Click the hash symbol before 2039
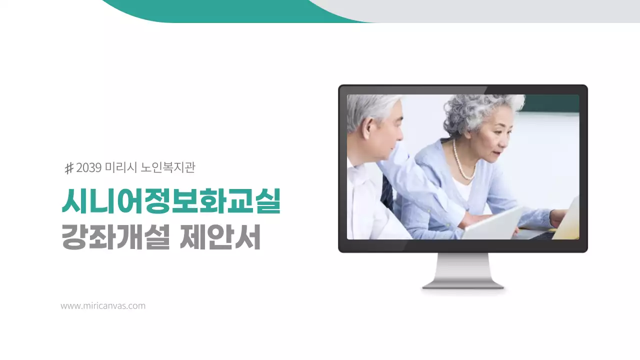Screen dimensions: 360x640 point(69,168)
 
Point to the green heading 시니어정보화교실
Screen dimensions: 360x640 point(170,201)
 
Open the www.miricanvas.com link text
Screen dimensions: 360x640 point(103,305)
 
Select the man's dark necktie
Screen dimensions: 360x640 point(386,192)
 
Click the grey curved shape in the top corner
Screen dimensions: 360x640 point(500,10)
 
